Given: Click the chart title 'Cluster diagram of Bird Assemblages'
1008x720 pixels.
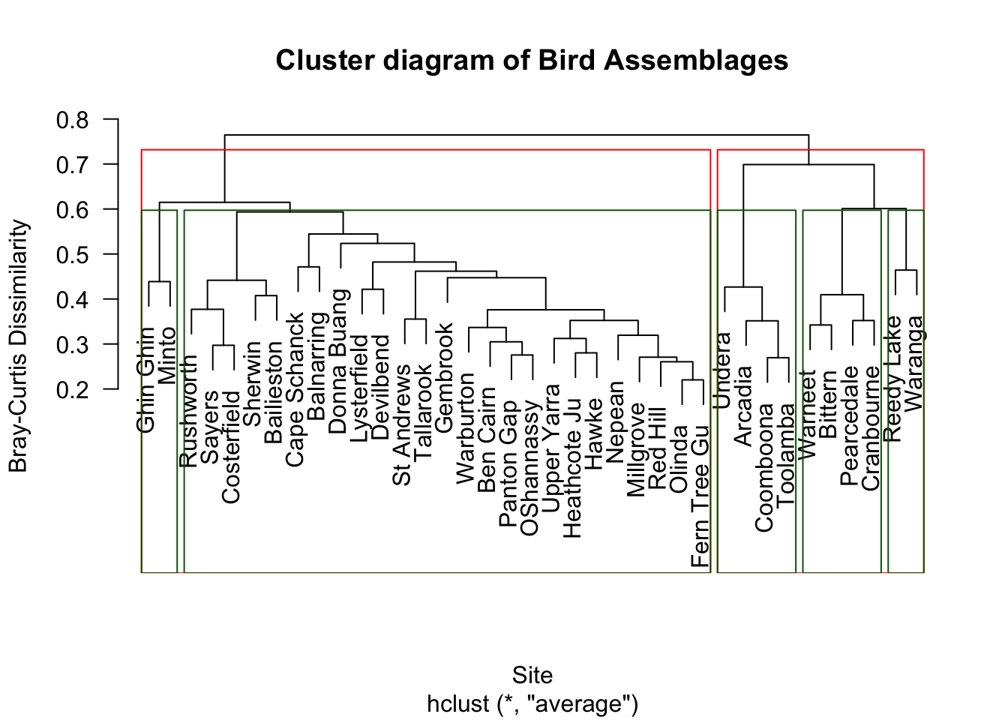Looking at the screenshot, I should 532,60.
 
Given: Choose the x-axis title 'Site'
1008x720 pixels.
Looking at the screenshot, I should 532,675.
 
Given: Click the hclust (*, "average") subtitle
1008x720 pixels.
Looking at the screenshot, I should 532,704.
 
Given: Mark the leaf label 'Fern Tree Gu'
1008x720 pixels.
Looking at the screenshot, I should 700,496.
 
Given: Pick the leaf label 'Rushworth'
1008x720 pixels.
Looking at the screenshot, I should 189,411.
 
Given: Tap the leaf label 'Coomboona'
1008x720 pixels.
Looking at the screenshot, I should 764,468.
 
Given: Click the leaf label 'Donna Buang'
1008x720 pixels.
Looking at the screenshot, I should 339,361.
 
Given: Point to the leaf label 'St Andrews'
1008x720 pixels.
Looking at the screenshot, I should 403,424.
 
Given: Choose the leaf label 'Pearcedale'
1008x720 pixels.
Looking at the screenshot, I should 850,426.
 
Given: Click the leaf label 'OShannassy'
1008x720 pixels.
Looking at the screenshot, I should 529,468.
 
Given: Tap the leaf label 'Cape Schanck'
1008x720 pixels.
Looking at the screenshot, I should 296,389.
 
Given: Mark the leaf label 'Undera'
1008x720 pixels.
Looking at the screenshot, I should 723,371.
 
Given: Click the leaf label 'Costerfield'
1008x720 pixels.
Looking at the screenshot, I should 231,447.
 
